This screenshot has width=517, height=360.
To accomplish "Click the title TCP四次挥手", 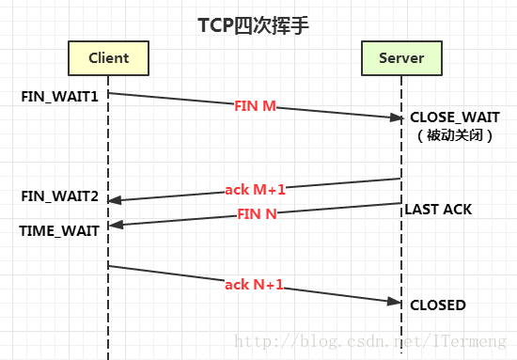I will (258, 25).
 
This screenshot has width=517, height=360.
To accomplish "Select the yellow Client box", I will (108, 58).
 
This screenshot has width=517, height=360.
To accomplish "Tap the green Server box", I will (401, 58).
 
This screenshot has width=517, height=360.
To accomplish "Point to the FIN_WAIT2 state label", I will (59, 196).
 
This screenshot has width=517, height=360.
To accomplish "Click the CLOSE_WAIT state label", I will (453, 117).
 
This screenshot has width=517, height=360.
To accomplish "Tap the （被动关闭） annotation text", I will (453, 135).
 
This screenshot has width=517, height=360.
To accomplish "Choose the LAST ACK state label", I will (438, 209).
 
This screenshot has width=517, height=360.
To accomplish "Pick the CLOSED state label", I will (437, 305).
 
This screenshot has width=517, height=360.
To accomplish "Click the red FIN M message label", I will (255, 106).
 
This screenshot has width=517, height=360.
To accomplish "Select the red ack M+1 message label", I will (254, 188).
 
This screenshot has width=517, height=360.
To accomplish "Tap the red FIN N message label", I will (255, 213).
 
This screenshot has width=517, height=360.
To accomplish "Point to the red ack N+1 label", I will (254, 284).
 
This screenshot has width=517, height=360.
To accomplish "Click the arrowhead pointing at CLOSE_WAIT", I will (397, 117).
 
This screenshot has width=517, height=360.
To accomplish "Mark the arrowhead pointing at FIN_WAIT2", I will (115, 199).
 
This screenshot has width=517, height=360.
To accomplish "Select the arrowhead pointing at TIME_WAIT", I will (115, 226).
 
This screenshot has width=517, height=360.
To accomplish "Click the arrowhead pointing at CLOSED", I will (397, 302).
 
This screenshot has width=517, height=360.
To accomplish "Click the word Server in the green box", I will (401, 58).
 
